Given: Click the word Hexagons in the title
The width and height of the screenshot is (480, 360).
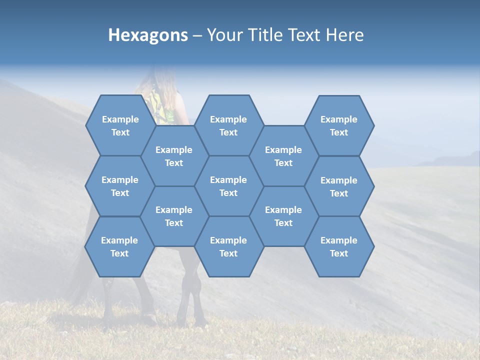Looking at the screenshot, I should click(148, 35).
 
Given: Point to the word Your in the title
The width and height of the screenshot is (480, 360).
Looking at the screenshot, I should click(224, 35).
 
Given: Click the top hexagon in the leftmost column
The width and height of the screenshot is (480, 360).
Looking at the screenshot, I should click(120, 125).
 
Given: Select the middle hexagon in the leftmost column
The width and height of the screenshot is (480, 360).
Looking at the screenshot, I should click(120, 186).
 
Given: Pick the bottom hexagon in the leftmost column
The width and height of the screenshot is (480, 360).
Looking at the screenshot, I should click(119, 246).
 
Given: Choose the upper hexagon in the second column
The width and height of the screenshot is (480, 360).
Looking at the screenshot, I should click(174, 156).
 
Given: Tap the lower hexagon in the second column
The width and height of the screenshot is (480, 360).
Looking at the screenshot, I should click(174, 216).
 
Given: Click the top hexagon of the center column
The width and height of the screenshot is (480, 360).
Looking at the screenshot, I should click(228, 125).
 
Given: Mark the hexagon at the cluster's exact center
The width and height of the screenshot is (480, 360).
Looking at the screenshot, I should click(228, 186).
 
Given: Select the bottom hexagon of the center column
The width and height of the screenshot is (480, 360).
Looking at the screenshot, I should click(228, 246).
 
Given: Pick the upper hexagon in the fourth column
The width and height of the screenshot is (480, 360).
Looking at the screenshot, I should click(283, 156).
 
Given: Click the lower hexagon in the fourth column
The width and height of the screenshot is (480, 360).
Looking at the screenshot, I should click(283, 216).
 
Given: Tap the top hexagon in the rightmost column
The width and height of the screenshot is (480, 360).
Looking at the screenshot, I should click(339, 125).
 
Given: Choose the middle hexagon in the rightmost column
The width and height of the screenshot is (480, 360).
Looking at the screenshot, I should click(339, 186).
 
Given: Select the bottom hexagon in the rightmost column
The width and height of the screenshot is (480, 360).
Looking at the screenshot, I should click(339, 246).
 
